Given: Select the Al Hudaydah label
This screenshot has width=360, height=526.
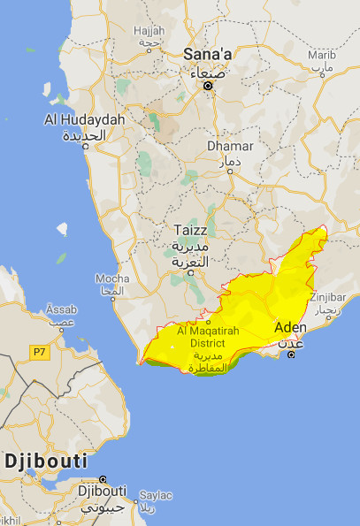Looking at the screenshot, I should (85, 118).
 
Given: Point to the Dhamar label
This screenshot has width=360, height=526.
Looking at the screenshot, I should (229, 146).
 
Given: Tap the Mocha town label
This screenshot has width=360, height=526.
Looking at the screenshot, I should (111, 278).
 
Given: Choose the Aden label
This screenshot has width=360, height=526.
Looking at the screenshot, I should (292, 327).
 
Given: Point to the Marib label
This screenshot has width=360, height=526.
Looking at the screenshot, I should (320, 55).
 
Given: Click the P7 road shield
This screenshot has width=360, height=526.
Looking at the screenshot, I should (38, 352).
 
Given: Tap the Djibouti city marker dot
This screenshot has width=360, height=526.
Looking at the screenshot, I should (103, 477).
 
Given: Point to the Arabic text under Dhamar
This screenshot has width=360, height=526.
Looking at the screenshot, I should (227, 162).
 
